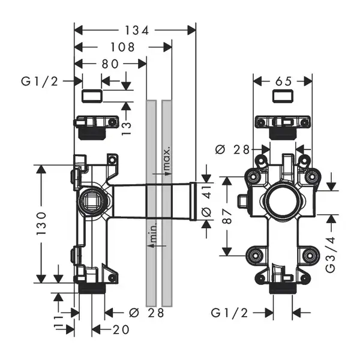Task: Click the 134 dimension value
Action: tap(137, 31)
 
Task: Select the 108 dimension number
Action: tap(122, 47)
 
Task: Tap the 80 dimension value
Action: tap(110, 64)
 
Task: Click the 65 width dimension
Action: tap(283, 81)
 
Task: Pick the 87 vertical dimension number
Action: tap(227, 216)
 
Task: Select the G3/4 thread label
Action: tap(331, 254)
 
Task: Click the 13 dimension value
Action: tap(127, 128)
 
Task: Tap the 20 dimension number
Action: tap(121, 330)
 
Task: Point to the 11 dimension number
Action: tap(59, 323)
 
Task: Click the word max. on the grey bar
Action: tap(167, 159)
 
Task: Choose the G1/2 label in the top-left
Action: tap(40, 81)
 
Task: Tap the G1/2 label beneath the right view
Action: tap(229, 313)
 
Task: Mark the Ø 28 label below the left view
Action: tap(146, 313)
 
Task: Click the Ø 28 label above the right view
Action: tap(232, 150)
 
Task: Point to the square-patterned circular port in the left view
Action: tap(91, 200)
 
